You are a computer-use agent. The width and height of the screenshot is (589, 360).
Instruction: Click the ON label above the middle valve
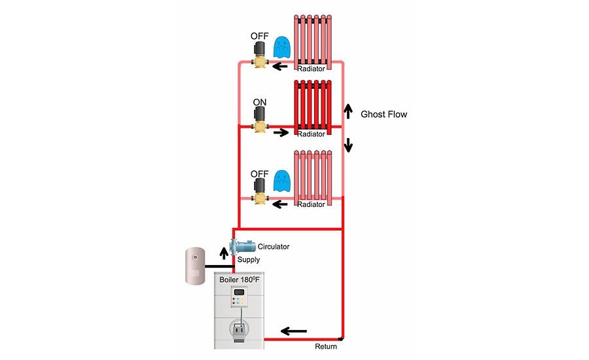click(260, 103)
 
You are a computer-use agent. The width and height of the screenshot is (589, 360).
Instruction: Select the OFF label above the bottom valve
click(260, 173)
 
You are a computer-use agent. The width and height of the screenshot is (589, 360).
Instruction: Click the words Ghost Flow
click(384, 115)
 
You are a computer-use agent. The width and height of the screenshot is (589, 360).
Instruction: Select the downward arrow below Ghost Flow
click(348, 144)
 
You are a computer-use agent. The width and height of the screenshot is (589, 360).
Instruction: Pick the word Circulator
click(274, 247)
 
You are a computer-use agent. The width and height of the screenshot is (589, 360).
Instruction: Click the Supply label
click(248, 260)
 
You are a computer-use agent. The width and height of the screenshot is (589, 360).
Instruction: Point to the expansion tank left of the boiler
click(195, 264)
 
